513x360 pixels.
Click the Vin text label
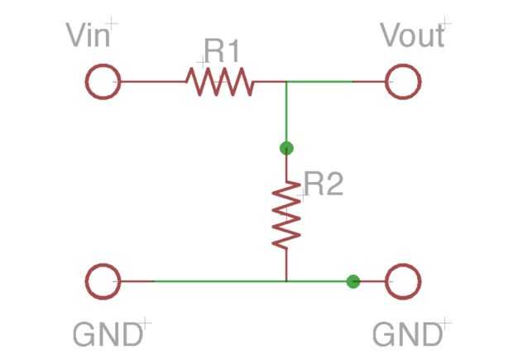point(89,36)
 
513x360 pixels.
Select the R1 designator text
point(222,51)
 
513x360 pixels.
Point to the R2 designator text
point(323,184)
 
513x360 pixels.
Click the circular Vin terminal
point(103,82)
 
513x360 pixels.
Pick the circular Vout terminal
point(403,82)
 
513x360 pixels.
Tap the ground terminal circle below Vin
point(103,281)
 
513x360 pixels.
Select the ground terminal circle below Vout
point(403,281)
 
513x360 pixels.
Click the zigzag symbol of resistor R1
point(219,82)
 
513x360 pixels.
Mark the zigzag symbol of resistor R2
point(286,214)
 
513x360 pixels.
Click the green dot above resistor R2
point(286,149)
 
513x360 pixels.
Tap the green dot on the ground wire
point(353,281)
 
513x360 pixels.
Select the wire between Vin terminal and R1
point(153,82)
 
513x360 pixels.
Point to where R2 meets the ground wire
point(286,281)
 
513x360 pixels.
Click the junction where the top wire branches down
point(286,82)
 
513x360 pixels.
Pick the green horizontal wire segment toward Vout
point(327,82)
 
